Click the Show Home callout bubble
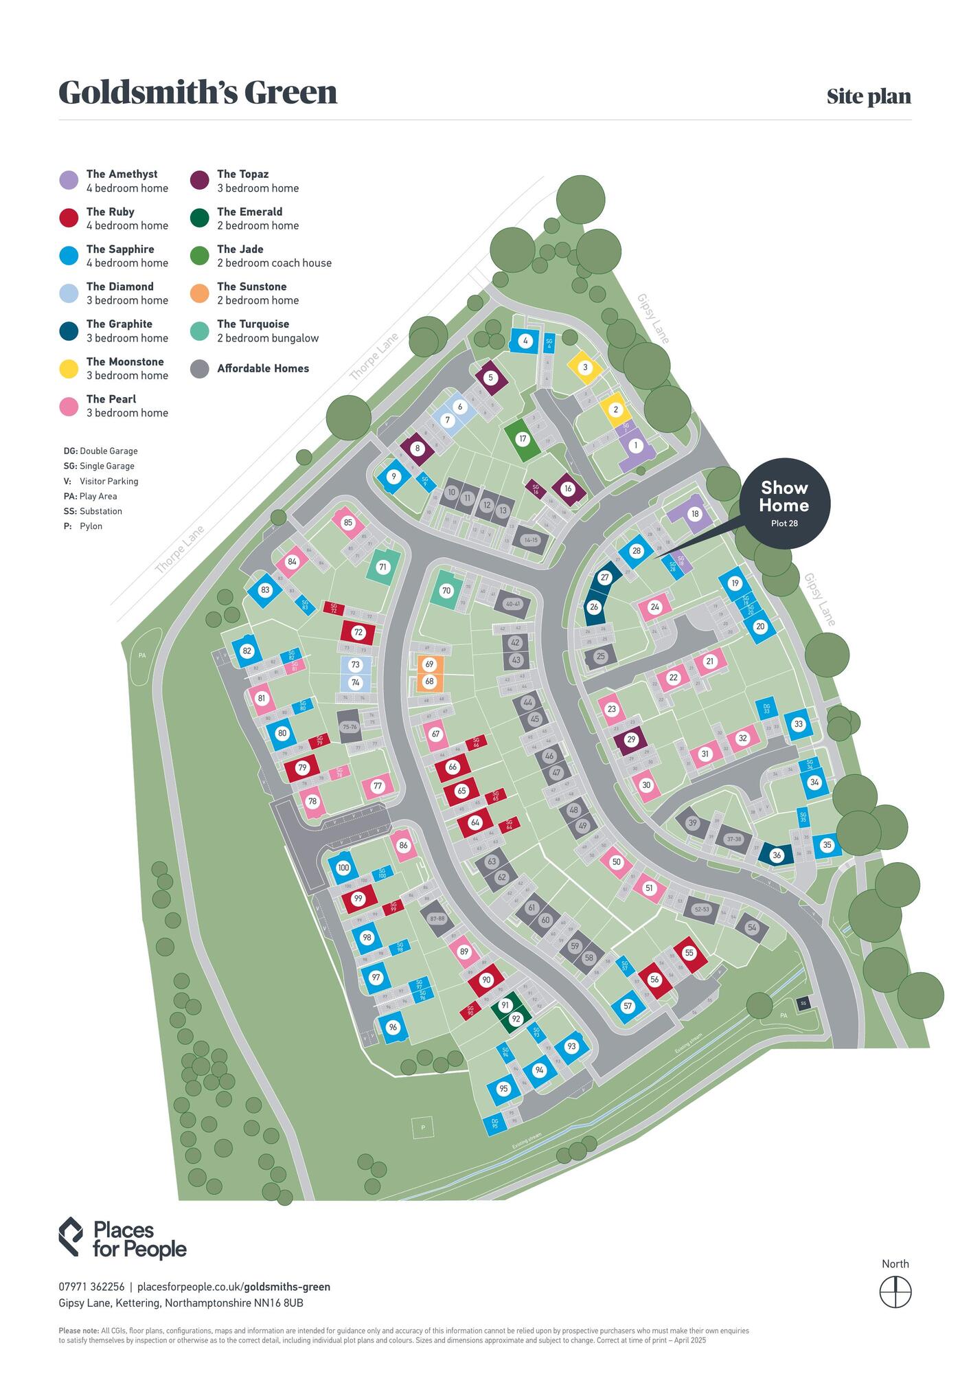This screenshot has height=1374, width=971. tap(784, 504)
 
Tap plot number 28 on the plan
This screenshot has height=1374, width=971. tap(637, 551)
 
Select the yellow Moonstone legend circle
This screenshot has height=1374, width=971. tap(69, 369)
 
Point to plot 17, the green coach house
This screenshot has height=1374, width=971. tap(523, 439)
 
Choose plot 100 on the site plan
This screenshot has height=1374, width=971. tap(343, 868)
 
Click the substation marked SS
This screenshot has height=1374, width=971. tap(803, 1003)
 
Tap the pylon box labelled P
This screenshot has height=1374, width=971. tap(423, 1127)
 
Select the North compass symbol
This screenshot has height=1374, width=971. tap(895, 1292)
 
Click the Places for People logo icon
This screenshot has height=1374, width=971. tap(71, 1237)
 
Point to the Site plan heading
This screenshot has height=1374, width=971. tap(869, 96)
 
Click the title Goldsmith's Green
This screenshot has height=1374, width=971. tap(198, 92)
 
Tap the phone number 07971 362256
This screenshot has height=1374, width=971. tap(91, 1287)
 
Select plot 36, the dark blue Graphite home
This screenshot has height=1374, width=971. tap(777, 855)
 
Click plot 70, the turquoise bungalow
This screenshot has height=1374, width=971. tap(446, 591)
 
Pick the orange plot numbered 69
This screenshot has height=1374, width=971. tap(430, 664)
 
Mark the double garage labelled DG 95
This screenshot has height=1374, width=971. tap(495, 1123)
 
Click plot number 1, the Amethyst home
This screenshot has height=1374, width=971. tap(636, 446)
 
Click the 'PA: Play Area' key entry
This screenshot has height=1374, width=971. tap(90, 496)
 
